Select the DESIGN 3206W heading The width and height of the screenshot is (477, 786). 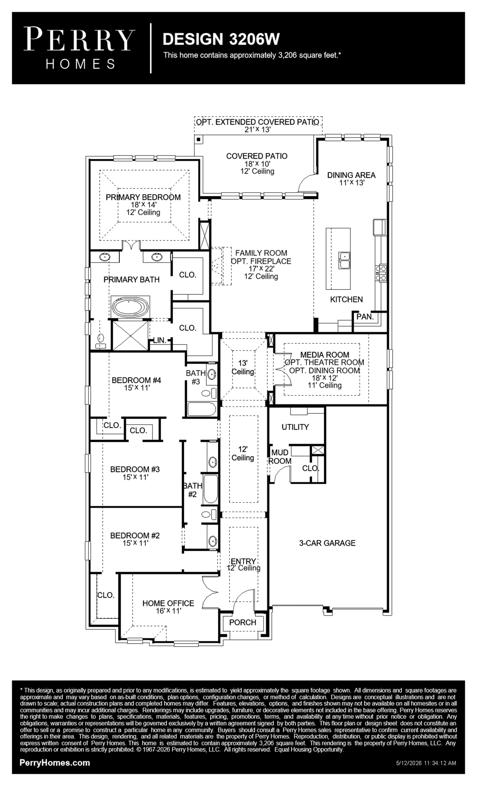coord(221,39)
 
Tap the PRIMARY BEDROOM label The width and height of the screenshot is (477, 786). coord(143,197)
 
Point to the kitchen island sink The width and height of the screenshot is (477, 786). coord(344,260)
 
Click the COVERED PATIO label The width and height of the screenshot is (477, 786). coord(257,156)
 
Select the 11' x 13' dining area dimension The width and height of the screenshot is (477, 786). coord(352,183)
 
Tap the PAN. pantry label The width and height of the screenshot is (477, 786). coord(365,317)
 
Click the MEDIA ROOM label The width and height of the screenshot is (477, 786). coord(324,355)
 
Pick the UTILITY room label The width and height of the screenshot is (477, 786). coord(295,427)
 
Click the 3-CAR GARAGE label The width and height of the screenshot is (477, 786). coord(327,543)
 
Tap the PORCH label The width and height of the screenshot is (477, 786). coord(243,622)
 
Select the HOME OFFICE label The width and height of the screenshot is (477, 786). coord(168,603)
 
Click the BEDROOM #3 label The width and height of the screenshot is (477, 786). coord(135,469)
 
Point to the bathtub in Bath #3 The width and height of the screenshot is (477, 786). coord(202,409)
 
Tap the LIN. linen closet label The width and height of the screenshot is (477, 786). coord(160,340)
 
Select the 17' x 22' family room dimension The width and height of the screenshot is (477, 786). coord(261,269)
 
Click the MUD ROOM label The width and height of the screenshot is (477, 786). coord(280,457)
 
